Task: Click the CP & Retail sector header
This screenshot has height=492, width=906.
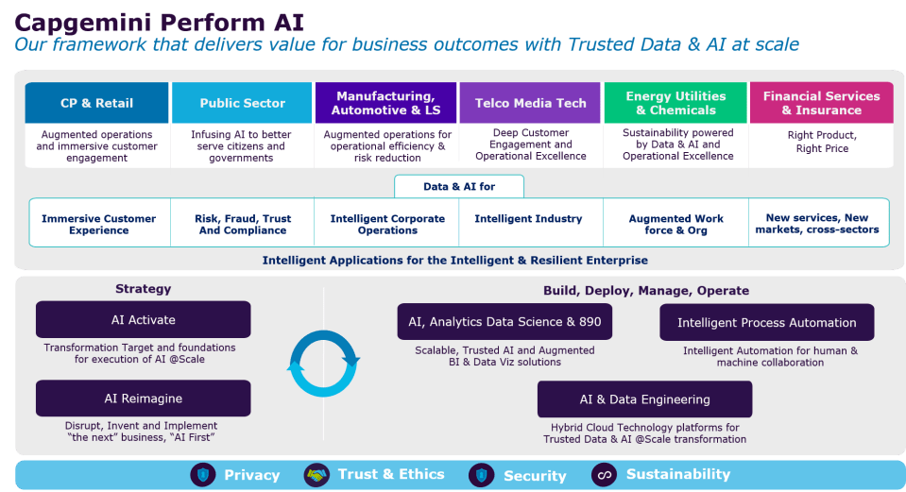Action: pos(96,103)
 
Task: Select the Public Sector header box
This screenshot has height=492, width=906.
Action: pos(242,103)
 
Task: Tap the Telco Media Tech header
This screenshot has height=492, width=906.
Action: pos(530,103)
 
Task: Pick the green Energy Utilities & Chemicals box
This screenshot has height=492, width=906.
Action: pos(675,103)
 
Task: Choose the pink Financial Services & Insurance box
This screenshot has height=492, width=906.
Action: pos(822,103)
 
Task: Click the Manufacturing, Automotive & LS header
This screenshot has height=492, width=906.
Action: pos(385,103)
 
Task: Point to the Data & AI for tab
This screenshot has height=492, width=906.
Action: pos(459,187)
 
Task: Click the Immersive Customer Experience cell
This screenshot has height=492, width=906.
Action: pos(99,224)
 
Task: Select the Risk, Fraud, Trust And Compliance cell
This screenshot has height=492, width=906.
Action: pos(243,224)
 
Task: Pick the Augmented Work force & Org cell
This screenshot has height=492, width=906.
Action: pos(676,224)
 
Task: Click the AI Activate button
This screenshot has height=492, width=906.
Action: pos(144,319)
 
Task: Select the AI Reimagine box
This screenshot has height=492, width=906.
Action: pos(144,398)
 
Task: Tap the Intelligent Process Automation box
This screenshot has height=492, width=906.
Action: pos(767,322)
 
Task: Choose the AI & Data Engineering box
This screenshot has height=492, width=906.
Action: pos(645,399)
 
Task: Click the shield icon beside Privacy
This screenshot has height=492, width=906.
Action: pos(203,475)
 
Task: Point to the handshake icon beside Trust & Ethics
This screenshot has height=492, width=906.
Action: pos(316,475)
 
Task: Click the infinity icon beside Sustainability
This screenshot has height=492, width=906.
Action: pos(604,475)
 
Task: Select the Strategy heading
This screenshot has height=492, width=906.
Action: pos(144,289)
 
